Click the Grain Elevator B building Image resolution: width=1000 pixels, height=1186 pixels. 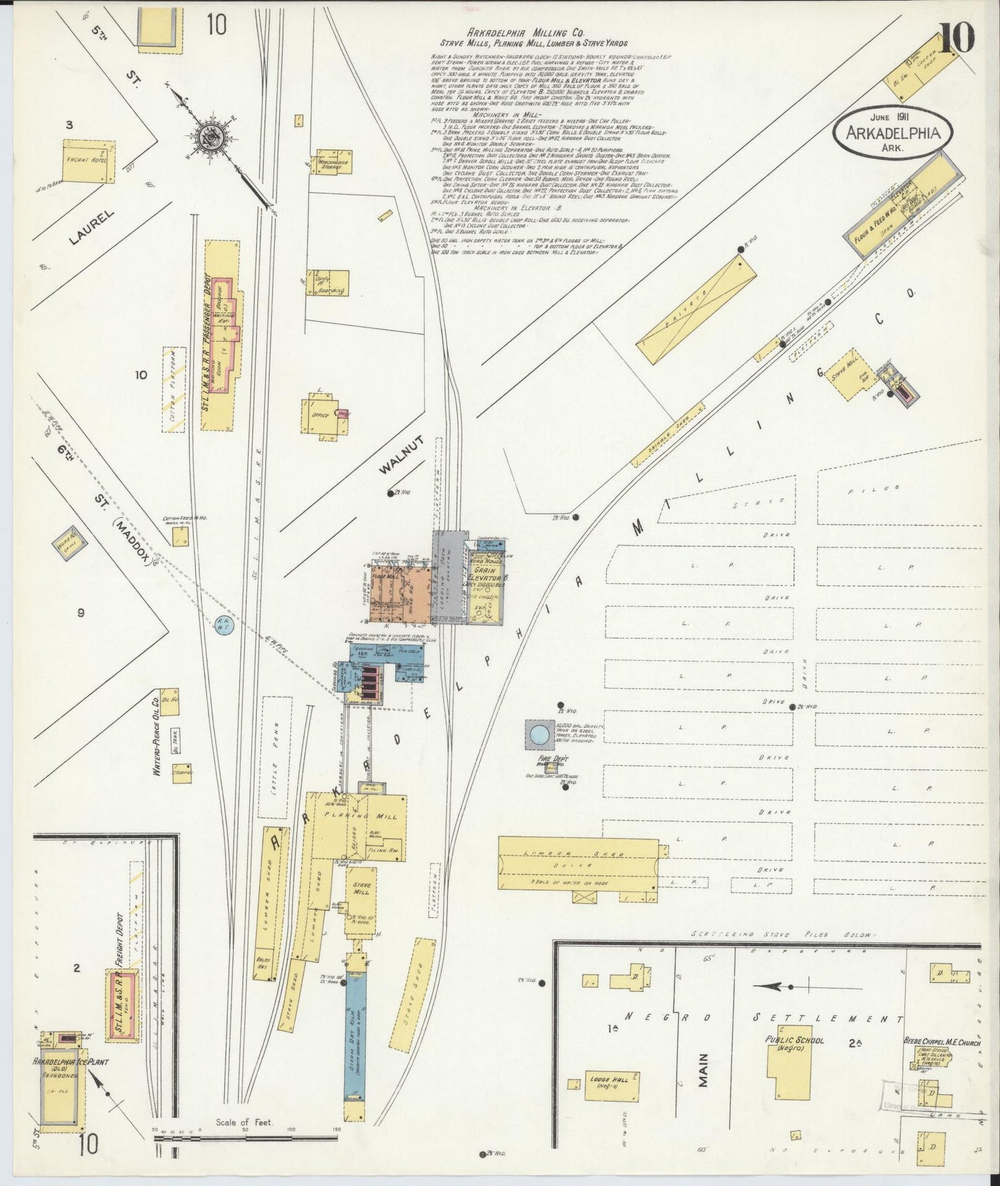point(485,583)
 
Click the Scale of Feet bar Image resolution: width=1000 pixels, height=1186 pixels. point(245,1137)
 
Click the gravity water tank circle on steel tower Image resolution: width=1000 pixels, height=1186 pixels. point(539,733)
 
